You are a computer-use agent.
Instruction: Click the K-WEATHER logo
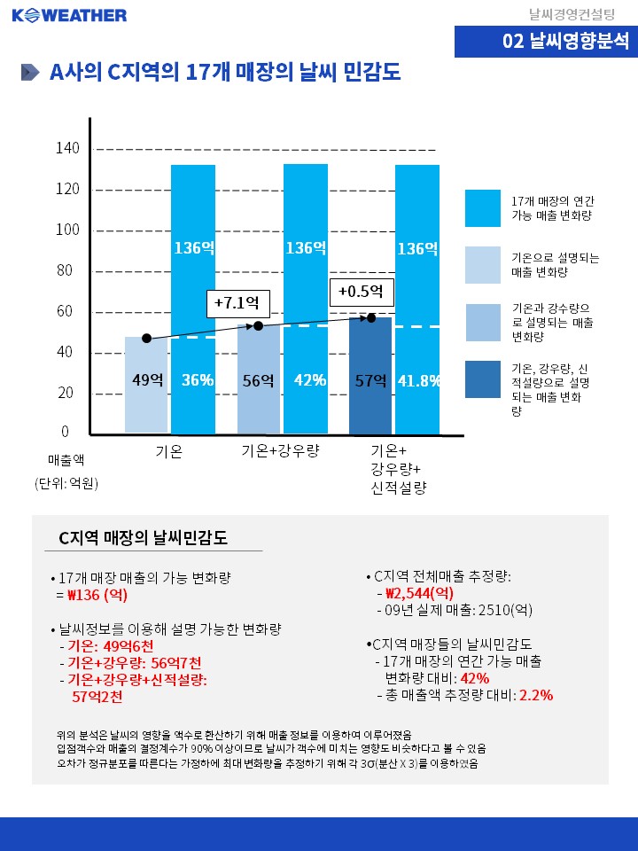69,15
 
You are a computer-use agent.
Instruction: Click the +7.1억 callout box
237,303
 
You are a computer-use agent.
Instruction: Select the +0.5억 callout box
361,292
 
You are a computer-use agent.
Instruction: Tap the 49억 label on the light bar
147,380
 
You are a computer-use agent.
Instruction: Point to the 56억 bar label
258,380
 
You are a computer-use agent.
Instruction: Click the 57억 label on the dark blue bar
370,380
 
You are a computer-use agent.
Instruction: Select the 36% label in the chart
197,380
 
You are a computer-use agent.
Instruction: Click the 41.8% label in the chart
419,380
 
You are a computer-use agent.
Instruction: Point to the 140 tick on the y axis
68,148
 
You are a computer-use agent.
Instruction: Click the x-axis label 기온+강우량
280,451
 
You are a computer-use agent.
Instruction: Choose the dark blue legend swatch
483,379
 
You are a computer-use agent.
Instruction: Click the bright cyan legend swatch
483,208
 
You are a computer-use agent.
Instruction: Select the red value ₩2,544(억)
420,593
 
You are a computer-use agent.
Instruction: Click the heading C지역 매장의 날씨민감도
143,537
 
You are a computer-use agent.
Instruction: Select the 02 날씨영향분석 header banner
546,41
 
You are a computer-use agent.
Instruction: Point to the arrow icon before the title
30,73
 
